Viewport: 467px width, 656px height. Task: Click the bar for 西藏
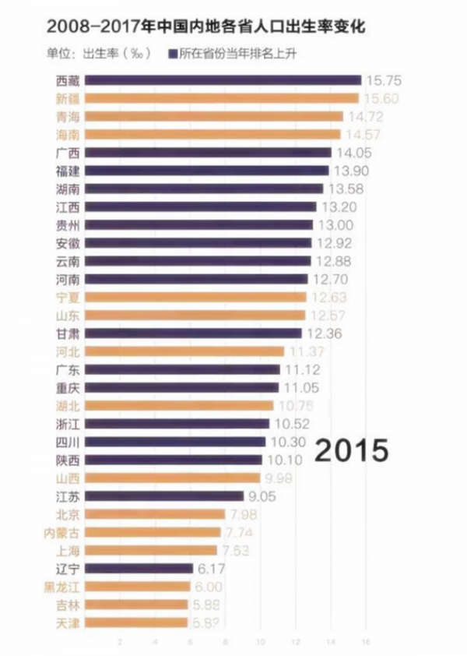pos(223,80)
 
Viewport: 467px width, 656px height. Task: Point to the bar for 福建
pos(206,171)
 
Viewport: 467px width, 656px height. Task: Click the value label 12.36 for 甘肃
pos(324,333)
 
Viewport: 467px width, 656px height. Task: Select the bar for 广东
pos(182,369)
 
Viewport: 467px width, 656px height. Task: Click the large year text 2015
pos(350,450)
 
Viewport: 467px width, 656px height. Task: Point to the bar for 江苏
pos(163,496)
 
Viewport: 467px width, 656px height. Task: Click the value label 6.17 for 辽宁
pos(212,568)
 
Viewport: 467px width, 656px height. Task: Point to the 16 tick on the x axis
pos(365,642)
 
